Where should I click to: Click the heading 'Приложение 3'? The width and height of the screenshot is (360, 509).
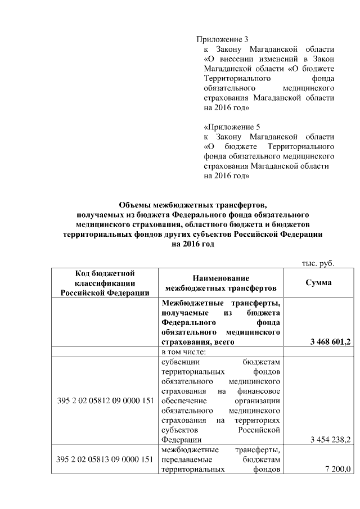coord(222,39)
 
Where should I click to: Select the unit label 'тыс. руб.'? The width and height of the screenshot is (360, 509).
coord(319,263)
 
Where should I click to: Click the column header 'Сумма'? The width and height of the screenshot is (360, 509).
coord(318,283)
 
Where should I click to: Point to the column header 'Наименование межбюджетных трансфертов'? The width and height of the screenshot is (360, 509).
coord(220,283)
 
